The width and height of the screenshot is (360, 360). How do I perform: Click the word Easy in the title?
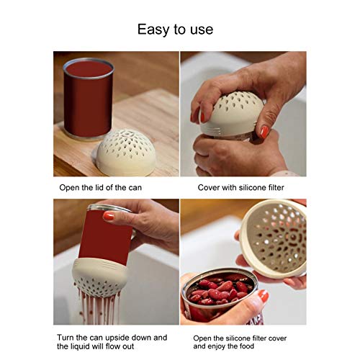tap(154, 30)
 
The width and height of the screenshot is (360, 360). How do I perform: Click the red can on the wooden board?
tap(88, 101)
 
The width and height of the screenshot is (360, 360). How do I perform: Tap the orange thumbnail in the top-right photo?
tap(264, 132)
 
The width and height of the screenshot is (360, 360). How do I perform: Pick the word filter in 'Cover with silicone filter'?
tap(273, 188)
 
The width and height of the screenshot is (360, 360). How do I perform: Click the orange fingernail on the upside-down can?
tap(109, 215)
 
